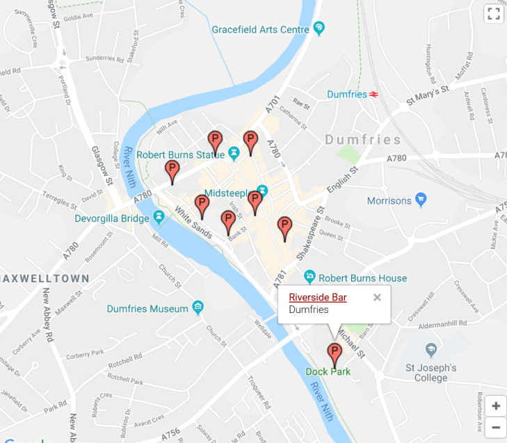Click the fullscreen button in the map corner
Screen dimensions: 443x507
click(x=494, y=14)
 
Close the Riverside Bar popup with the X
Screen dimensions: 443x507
click(x=377, y=298)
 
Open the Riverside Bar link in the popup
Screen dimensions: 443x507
click(x=317, y=298)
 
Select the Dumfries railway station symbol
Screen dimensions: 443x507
click(x=373, y=95)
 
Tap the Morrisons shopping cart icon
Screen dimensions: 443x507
click(x=420, y=200)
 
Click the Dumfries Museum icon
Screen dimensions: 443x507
click(x=198, y=307)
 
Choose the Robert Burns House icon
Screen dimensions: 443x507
click(x=311, y=276)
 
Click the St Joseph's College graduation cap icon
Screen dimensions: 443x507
click(x=431, y=348)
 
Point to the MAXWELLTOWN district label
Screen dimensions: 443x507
click(x=45, y=278)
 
